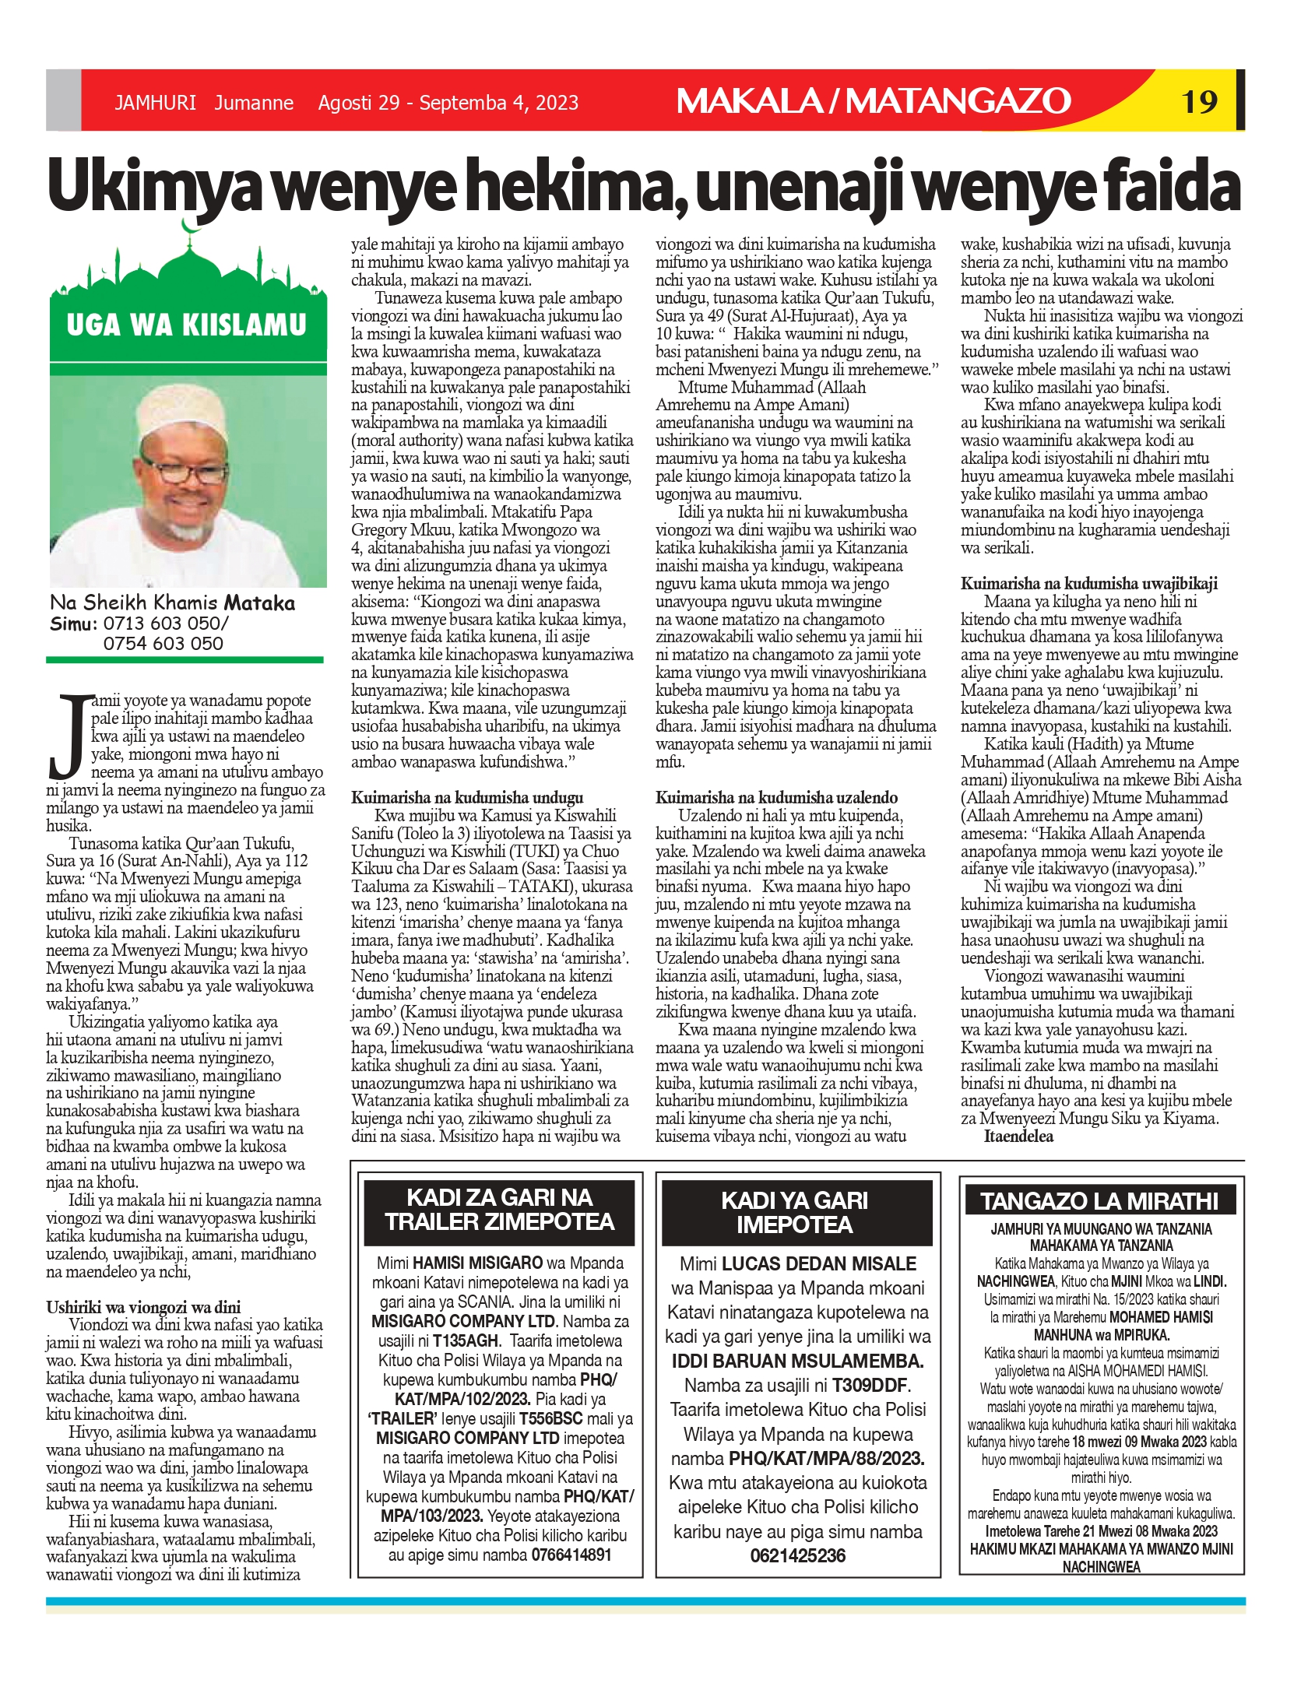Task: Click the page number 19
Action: point(1199,102)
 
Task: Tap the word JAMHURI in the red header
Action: point(155,103)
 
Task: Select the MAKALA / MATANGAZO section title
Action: point(874,101)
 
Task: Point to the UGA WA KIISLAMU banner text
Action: point(187,325)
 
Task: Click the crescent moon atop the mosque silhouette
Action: point(188,226)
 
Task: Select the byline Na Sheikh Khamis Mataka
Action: point(172,603)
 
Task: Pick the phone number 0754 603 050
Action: point(163,643)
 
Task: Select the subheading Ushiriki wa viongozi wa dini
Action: point(143,1307)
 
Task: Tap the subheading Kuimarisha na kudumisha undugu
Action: point(467,797)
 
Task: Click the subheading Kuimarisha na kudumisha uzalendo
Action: point(776,797)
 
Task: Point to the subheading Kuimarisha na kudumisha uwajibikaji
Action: point(1088,583)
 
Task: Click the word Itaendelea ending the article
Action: point(1018,1136)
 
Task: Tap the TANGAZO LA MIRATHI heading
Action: point(1099,1201)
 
